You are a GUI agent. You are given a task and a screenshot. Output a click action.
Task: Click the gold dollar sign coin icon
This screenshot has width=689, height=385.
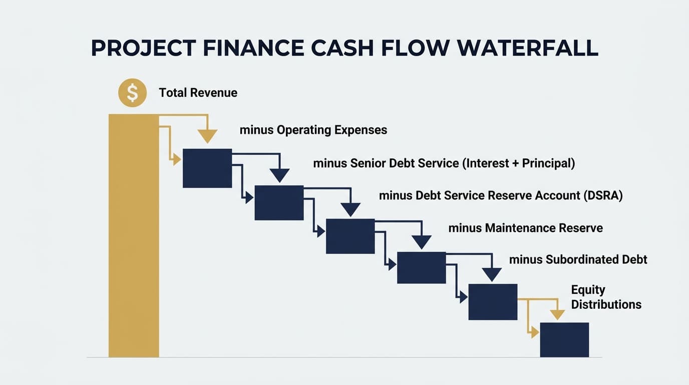[x=132, y=93]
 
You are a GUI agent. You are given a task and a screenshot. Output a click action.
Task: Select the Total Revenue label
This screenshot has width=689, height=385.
[x=198, y=93]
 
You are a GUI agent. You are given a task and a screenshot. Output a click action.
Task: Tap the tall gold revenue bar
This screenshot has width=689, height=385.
[x=133, y=236]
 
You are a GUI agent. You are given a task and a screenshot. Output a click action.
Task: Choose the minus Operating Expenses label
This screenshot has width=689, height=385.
[x=313, y=130]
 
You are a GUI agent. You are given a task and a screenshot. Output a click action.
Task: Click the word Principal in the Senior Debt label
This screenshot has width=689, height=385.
[x=547, y=163]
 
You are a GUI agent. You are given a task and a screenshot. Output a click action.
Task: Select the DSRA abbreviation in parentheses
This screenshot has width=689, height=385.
[x=603, y=195]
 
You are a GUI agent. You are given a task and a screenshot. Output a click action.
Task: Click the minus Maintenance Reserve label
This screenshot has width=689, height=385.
[x=525, y=228]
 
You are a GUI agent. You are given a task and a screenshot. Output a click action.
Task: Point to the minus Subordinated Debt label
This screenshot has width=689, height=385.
[x=578, y=260]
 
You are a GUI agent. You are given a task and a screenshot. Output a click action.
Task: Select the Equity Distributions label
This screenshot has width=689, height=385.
[x=606, y=297]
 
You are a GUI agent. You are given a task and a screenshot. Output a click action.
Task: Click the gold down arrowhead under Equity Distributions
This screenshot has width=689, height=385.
[x=557, y=315]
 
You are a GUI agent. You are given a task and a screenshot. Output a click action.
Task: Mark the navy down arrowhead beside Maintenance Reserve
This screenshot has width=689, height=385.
[x=422, y=242]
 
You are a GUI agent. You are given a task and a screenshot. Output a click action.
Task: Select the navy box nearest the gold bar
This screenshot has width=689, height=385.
[x=207, y=168]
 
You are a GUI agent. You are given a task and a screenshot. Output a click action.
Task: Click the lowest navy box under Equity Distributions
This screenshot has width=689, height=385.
[x=564, y=339]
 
